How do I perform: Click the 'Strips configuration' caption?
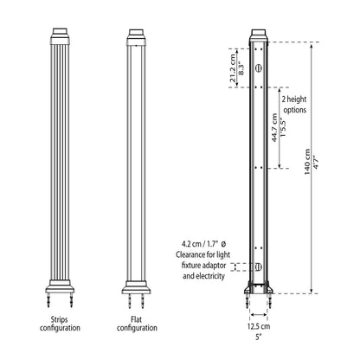coord(60,324)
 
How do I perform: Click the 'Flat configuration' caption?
coord(137,324)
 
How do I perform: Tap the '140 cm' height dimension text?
coord(307,162)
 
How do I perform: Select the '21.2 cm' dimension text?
coord(233,67)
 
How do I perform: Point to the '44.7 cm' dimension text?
coord(275,127)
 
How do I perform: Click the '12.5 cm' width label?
coord(259,326)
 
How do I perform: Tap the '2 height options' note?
coord(294,105)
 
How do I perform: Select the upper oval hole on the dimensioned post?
coord(259,67)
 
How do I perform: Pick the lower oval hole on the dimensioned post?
coord(259,267)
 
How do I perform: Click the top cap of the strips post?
coord(60,36)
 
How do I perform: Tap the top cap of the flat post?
coord(136,37)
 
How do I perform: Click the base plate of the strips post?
coord(60,286)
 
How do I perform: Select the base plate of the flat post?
coord(136,287)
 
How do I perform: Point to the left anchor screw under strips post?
coord(48,300)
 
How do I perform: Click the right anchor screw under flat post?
coord(143,301)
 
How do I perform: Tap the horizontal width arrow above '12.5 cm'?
coord(259,315)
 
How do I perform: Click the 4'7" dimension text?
coord(316,162)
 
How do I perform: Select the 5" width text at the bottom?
coord(259,337)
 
